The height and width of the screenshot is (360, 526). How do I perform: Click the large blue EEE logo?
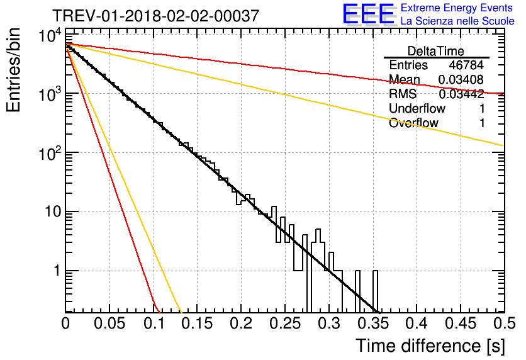[x=367, y=15]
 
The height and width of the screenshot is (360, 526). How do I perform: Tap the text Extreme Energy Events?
[x=457, y=8]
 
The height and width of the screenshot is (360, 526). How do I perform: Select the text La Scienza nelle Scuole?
[x=457, y=21]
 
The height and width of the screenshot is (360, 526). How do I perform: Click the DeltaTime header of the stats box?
[x=436, y=51]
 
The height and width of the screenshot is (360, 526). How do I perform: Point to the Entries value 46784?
[x=466, y=65]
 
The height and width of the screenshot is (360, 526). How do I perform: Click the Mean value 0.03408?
[x=461, y=80]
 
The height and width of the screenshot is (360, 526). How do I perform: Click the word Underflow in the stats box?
[x=417, y=108]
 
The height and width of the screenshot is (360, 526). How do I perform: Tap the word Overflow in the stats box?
[x=413, y=123]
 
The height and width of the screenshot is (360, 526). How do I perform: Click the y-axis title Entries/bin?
[x=17, y=71]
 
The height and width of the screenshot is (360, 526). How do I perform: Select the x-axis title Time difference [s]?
[x=429, y=346]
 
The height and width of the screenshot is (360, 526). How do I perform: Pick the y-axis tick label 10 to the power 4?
[x=48, y=37]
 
